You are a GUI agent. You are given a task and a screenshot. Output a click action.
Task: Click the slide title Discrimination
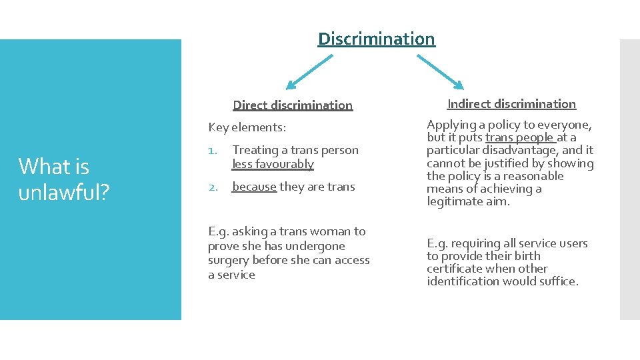pos(376,39)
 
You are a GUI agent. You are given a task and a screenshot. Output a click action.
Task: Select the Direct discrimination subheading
pos(293,105)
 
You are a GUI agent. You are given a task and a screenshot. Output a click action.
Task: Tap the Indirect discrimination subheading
pos(511,103)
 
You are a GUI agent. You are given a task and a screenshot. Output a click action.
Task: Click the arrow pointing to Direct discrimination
pos(309,72)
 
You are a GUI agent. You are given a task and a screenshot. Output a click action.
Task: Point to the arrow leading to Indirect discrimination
pos(439,71)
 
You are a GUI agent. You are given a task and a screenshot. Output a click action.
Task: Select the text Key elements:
pos(247,127)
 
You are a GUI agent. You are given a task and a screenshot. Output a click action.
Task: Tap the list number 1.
pos(212,151)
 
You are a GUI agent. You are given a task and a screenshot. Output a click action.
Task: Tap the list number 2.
pos(213,187)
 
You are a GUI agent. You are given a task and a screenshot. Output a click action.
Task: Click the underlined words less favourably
pos(273,163)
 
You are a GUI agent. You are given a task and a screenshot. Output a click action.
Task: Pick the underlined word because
pos(254,187)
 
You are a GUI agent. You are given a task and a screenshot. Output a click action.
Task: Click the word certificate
pos(454,269)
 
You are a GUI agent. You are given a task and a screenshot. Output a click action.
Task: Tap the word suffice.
pos(559,281)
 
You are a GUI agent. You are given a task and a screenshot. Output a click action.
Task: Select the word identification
pos(465,281)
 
